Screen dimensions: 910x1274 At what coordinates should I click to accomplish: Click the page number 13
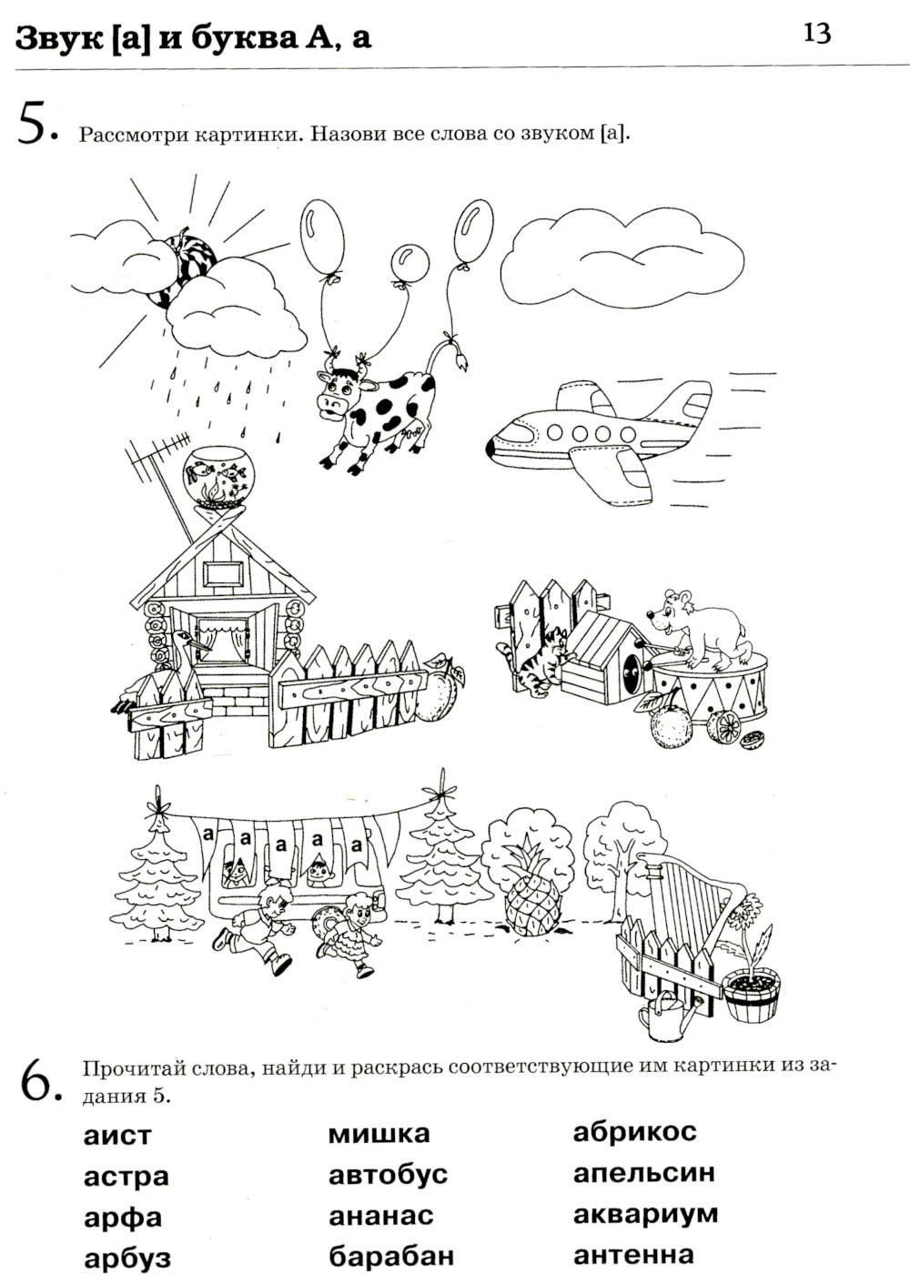(x=817, y=34)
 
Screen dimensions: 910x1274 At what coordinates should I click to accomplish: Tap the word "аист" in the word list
(x=117, y=1136)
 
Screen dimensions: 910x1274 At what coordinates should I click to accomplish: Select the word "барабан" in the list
(x=391, y=1255)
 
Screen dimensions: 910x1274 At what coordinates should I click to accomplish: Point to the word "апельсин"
(x=644, y=1173)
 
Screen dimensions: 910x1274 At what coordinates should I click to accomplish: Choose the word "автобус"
(x=388, y=1174)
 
